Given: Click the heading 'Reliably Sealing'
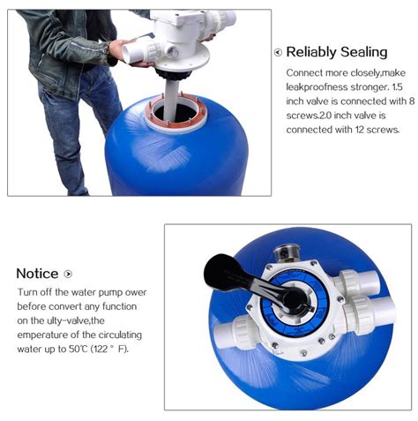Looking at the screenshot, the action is pyautogui.click(x=337, y=52).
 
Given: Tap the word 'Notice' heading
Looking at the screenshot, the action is pyautogui.click(x=37, y=274).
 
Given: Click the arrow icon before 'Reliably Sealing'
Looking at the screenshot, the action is pyautogui.click(x=278, y=52).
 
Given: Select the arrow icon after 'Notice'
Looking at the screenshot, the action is pyautogui.click(x=68, y=274).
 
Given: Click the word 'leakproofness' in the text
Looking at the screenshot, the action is pyautogui.click(x=317, y=87).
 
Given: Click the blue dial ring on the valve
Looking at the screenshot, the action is pyautogui.click(x=295, y=302).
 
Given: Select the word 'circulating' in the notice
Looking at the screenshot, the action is pyautogui.click(x=120, y=335).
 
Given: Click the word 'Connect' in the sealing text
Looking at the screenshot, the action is pyautogui.click(x=304, y=73).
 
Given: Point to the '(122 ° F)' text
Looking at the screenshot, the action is pyautogui.click(x=109, y=349).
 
